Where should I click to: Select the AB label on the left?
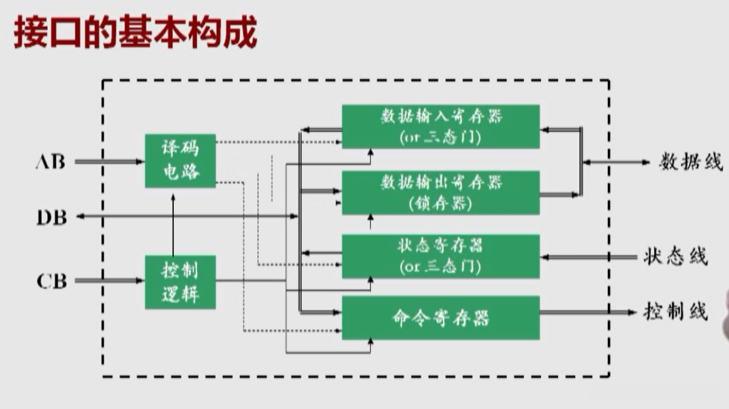50,161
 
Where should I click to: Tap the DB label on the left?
51,217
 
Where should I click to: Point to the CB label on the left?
51,282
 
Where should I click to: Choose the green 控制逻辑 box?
181,282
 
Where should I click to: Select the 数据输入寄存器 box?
440,125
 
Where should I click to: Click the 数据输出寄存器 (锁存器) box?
440,192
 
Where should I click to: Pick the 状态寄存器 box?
440,256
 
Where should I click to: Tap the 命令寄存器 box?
440,317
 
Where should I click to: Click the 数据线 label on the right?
690,161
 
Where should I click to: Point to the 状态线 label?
674,257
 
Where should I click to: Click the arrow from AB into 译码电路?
110,161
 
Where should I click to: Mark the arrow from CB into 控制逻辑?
110,282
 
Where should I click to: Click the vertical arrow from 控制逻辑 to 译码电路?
173,221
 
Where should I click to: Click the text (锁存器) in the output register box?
440,203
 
